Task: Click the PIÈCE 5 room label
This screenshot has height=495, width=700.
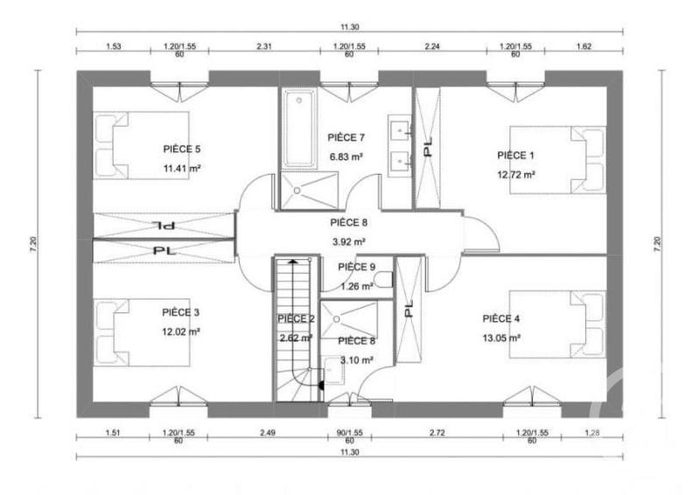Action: pyautogui.click(x=182, y=149)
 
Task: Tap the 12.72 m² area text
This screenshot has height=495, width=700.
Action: pyautogui.click(x=515, y=173)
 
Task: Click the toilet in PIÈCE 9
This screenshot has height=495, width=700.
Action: pyautogui.click(x=384, y=279)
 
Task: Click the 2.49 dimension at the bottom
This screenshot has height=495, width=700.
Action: pyautogui.click(x=267, y=433)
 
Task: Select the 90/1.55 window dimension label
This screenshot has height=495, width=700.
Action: pyautogui.click(x=348, y=433)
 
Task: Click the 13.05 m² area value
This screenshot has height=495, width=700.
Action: pyautogui.click(x=501, y=338)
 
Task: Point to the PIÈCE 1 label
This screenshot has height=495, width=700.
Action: pyautogui.click(x=515, y=155)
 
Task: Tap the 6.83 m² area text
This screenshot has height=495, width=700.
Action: pyautogui.click(x=346, y=157)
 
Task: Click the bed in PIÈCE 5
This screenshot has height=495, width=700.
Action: pyautogui.click(x=141, y=144)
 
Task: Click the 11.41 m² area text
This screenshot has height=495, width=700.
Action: pyautogui.click(x=182, y=168)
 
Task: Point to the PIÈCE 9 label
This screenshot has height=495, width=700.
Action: pyautogui.click(x=356, y=267)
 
